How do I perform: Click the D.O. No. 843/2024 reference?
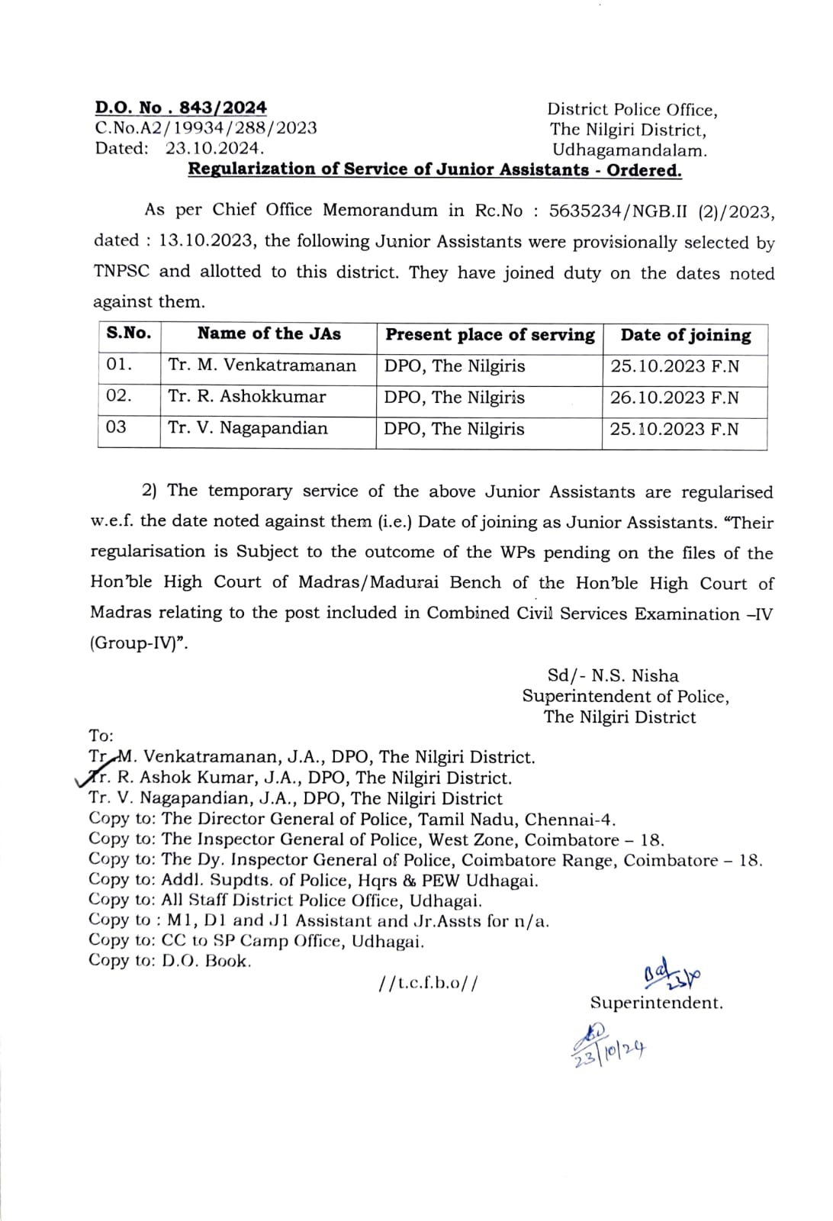[x=181, y=108]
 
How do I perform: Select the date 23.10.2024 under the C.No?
[x=215, y=148]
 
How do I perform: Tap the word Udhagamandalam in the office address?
[x=629, y=150]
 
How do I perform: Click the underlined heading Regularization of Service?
[x=435, y=169]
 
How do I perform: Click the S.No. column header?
[x=129, y=333]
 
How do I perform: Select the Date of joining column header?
[x=685, y=335]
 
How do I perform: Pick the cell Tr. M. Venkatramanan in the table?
[x=262, y=366]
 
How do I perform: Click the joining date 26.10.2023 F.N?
[x=674, y=398]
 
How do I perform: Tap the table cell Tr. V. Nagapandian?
[x=248, y=428]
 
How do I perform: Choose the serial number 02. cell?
[x=119, y=396]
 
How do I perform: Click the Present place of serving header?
[x=490, y=335]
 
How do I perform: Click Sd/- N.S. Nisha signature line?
[x=613, y=675]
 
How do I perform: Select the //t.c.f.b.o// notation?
[x=428, y=983]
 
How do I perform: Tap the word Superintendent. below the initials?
[x=656, y=1003]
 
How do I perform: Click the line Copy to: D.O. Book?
[x=169, y=962]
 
